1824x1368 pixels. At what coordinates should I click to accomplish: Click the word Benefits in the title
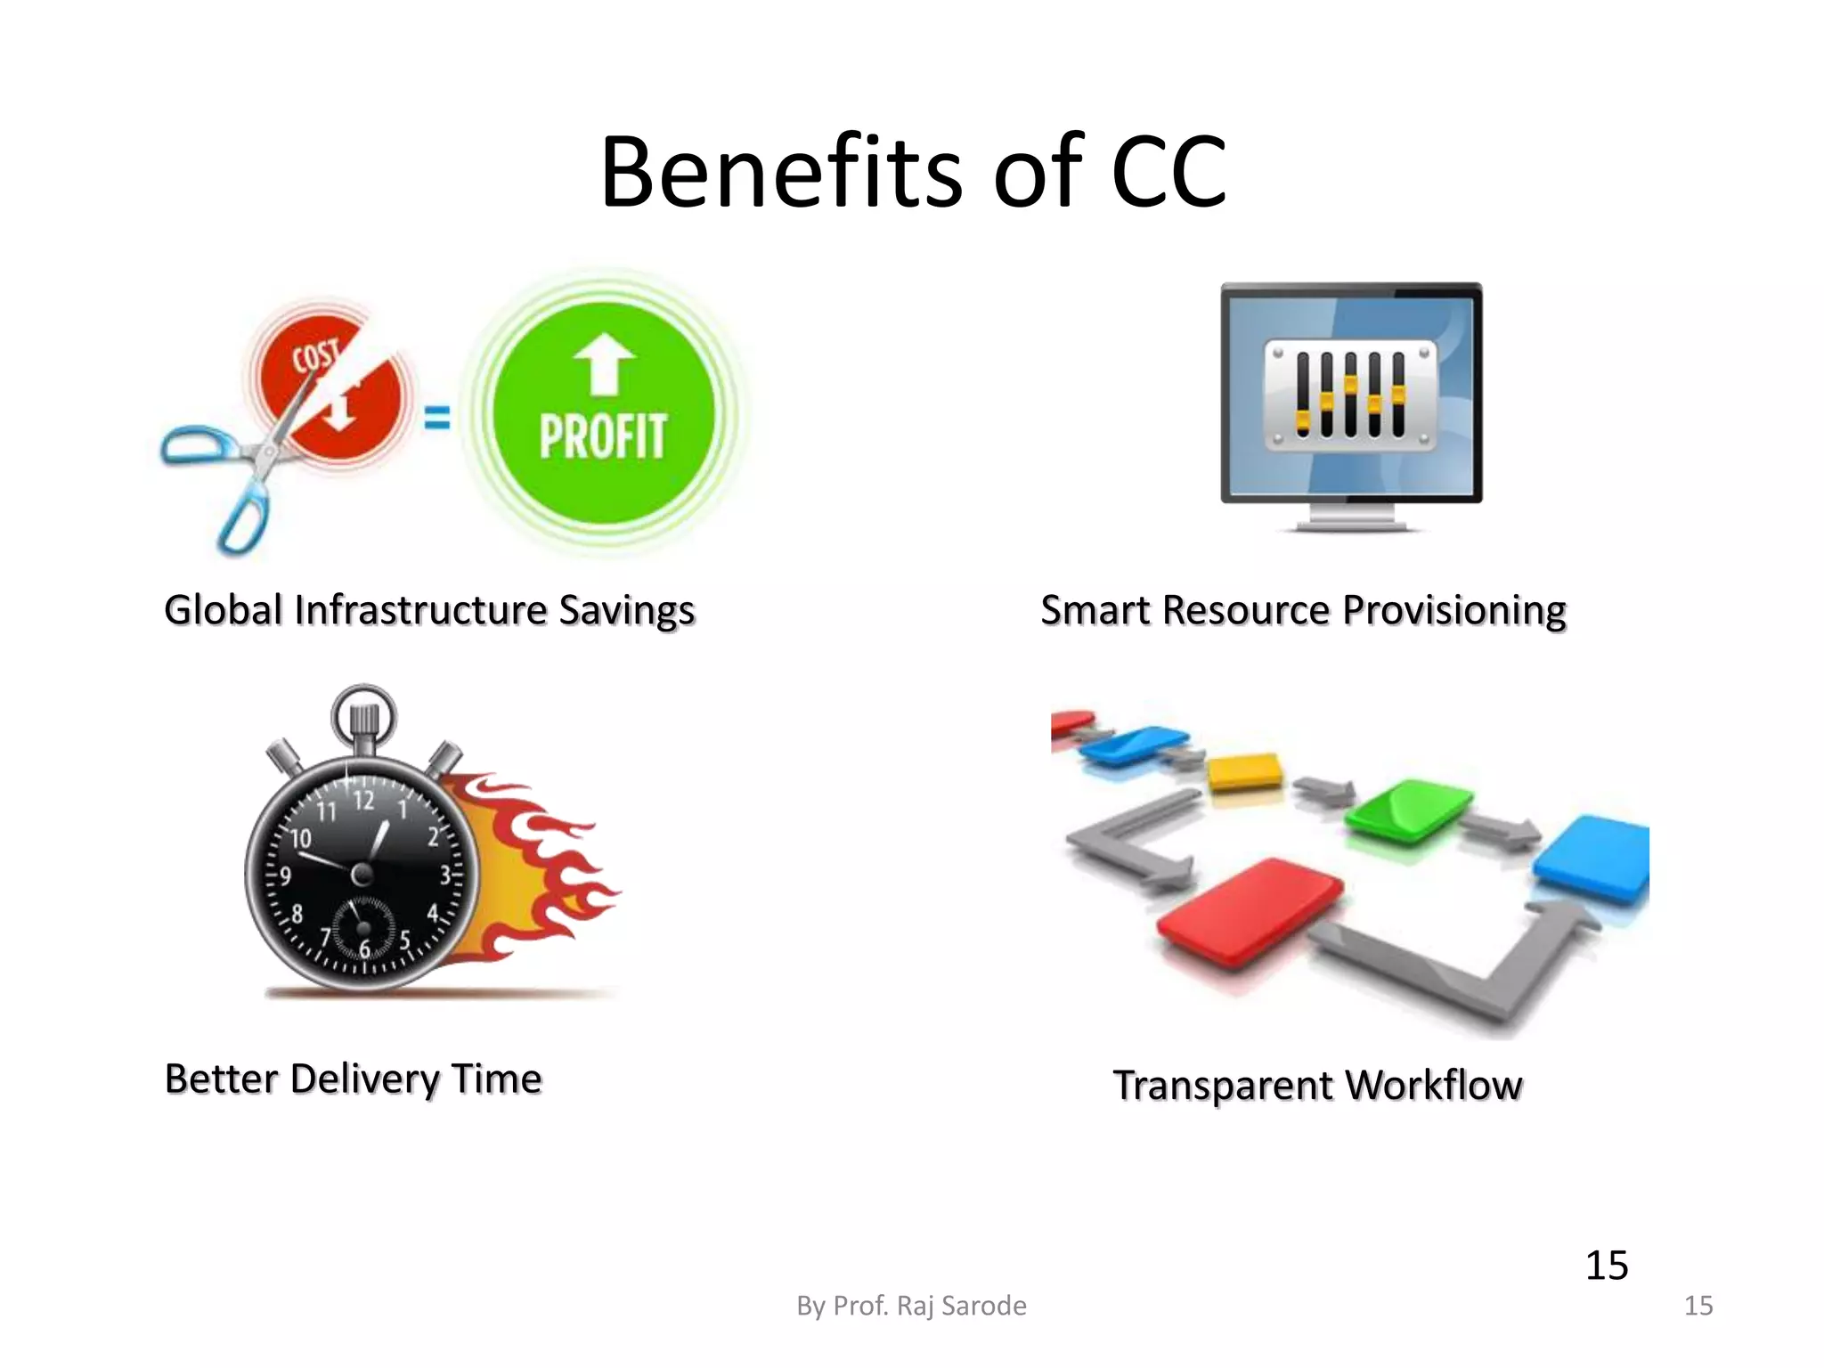pos(781,171)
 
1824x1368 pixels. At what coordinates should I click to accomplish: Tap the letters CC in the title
pos(1168,173)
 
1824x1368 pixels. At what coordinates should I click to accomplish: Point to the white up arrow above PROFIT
pos(604,363)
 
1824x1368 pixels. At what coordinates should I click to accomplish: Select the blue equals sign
pos(436,417)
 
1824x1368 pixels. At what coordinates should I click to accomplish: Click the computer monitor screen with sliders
pos(1351,395)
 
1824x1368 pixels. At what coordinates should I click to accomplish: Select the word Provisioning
pos(1453,611)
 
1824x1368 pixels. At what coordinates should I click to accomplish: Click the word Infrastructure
pos(420,611)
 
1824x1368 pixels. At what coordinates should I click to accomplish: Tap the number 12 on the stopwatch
pos(363,800)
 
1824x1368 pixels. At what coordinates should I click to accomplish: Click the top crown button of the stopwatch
pos(364,718)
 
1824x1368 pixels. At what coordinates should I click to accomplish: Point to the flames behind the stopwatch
pos(543,855)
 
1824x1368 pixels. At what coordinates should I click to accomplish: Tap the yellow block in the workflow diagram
pos(1244,771)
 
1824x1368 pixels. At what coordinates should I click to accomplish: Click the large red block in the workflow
pos(1250,910)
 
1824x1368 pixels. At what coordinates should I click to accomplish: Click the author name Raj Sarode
pos(961,1306)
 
